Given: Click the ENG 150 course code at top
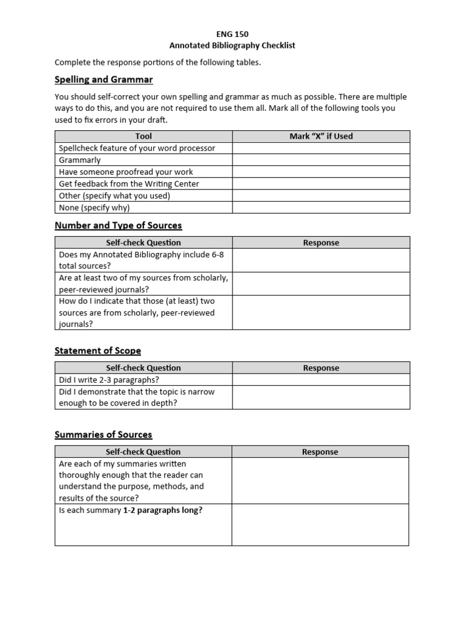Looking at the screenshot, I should [232, 35].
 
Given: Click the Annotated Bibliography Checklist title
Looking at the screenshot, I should [232, 45].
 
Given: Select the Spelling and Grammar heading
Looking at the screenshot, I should [104, 80].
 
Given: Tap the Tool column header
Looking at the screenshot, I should [143, 136].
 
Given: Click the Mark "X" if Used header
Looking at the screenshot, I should [321, 136].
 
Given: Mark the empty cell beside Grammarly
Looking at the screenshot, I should [321, 160].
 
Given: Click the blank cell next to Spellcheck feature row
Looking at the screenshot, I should [321, 148].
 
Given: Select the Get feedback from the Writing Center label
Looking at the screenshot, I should [128, 183].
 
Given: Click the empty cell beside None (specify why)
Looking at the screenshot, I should [321, 208].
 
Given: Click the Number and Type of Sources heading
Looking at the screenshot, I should [118, 226].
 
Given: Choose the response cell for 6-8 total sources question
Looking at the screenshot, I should [321, 260].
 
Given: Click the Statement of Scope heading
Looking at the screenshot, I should [97, 351].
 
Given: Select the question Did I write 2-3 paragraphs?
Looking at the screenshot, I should [109, 380].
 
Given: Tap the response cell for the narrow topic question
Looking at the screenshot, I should [321, 397].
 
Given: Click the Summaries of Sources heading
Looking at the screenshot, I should [103, 435].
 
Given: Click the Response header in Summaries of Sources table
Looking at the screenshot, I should [320, 452].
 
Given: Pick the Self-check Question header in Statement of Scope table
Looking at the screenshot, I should [143, 368].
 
